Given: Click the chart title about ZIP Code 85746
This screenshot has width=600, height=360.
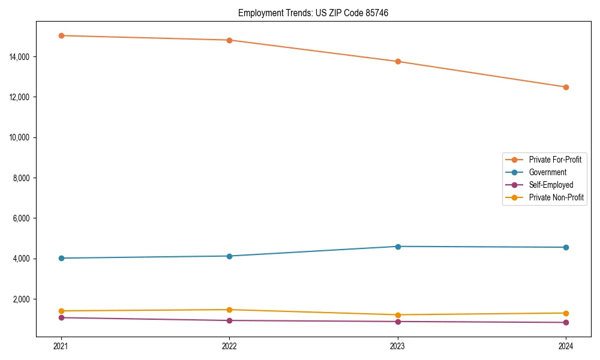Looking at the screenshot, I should pyautogui.click(x=313, y=13).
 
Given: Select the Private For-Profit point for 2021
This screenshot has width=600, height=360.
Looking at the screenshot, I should pyautogui.click(x=61, y=35).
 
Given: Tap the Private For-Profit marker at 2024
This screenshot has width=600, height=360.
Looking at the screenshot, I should pyautogui.click(x=566, y=87).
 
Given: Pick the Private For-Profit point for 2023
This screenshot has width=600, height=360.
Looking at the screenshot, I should pyautogui.click(x=398, y=61).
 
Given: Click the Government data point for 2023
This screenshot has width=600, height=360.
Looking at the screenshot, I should pyautogui.click(x=398, y=247).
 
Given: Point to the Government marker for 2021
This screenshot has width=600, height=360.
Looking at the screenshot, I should pyautogui.click(x=61, y=258).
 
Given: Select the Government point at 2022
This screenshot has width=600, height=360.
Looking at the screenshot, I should pyautogui.click(x=229, y=256).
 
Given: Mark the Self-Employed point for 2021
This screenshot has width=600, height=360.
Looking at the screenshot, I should pyautogui.click(x=61, y=317).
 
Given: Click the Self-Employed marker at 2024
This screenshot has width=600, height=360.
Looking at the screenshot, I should pyautogui.click(x=566, y=322).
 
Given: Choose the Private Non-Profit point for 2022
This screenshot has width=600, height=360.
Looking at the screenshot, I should pyautogui.click(x=229, y=310).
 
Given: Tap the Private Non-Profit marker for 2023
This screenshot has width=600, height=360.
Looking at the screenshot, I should pyautogui.click(x=398, y=315).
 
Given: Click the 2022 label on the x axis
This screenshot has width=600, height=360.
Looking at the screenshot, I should pyautogui.click(x=229, y=346).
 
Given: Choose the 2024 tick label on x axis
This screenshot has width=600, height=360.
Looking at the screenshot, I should pyautogui.click(x=566, y=346).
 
